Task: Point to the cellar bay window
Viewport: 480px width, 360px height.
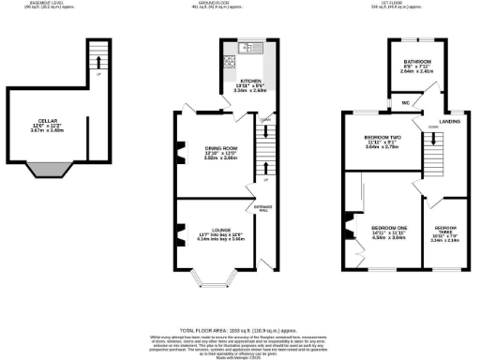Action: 48,170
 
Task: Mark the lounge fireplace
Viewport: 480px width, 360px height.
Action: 177,233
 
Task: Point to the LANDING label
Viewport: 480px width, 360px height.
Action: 449,120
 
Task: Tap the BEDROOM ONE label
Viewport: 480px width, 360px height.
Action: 388,228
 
